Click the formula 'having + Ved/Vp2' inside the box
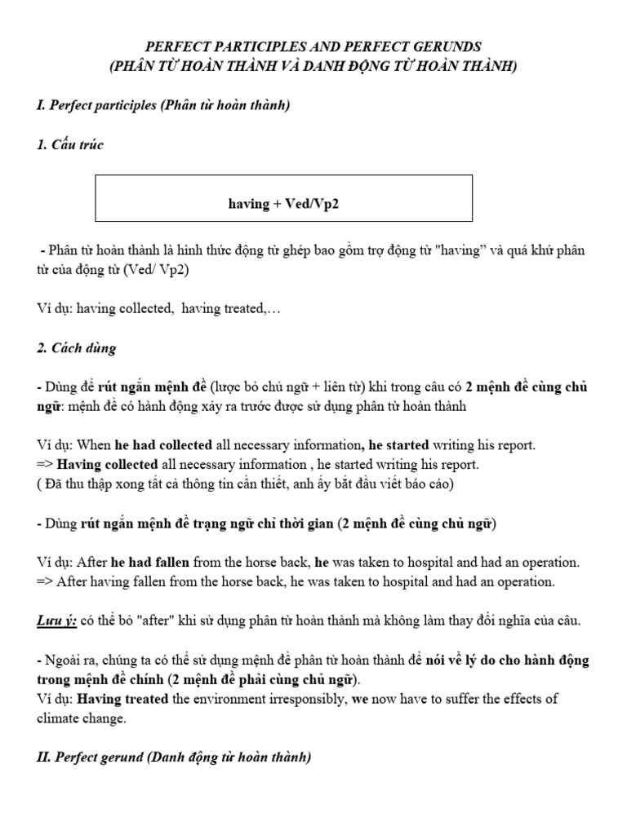[283, 203]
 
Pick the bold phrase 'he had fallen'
[150, 563]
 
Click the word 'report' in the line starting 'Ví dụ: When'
[514, 446]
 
